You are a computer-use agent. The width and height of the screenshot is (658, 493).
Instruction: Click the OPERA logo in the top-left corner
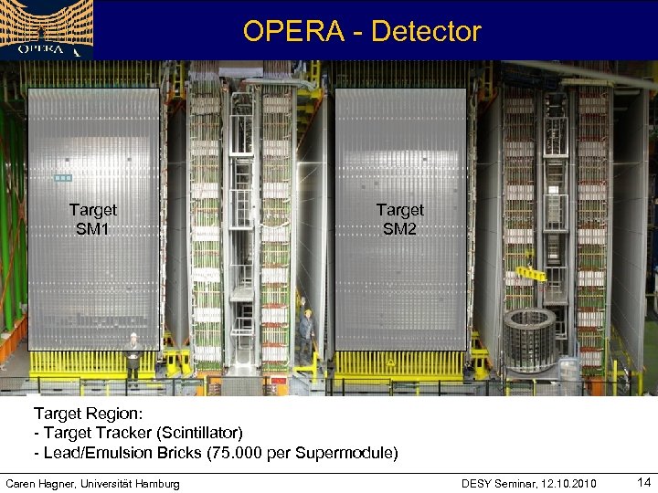[x=46, y=29]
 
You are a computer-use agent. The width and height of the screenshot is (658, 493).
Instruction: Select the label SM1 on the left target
[x=92, y=229]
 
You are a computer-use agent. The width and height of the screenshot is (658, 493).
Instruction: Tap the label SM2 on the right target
[x=399, y=229]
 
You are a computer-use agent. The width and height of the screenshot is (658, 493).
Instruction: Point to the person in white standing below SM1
[x=133, y=357]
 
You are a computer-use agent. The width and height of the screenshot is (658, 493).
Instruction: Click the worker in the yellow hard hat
[x=306, y=333]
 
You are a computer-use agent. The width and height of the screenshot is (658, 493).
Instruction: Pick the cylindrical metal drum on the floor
[x=529, y=339]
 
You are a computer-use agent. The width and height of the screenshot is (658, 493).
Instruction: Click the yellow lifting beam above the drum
[x=530, y=273]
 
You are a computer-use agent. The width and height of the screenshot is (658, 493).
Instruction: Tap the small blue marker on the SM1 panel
[x=62, y=177]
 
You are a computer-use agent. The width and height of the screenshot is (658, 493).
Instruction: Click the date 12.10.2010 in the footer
[x=568, y=483]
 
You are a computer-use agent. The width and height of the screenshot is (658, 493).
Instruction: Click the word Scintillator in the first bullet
[x=198, y=432]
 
